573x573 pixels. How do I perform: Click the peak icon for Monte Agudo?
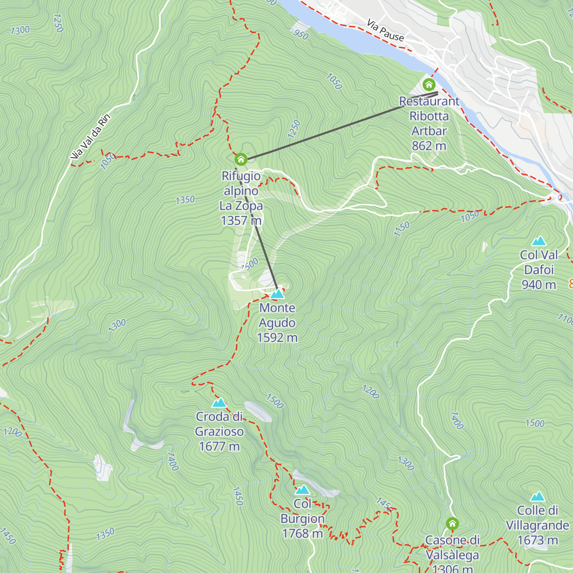(277, 294)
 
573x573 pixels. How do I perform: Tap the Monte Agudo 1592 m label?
(277, 323)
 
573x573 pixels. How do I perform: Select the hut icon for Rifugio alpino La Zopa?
(241, 159)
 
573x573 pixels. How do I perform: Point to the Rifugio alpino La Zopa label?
(241, 198)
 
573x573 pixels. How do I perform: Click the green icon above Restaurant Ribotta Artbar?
(429, 85)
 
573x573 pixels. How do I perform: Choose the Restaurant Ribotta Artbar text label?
(429, 123)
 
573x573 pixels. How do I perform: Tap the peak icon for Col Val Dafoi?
(539, 241)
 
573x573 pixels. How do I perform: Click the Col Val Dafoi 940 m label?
(539, 270)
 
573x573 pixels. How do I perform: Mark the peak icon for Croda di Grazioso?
(219, 403)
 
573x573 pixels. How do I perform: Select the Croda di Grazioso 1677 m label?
(219, 432)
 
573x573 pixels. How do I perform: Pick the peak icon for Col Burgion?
(302, 490)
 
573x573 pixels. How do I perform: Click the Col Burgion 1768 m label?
(302, 519)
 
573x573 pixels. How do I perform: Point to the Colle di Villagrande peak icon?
(538, 497)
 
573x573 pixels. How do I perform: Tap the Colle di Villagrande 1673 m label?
(538, 525)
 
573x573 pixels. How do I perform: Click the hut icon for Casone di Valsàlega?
(452, 524)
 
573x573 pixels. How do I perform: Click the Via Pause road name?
(385, 30)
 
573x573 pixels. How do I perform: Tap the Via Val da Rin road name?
(90, 137)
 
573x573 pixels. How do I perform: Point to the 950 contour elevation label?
(301, 34)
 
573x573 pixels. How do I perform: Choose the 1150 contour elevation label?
(402, 229)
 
